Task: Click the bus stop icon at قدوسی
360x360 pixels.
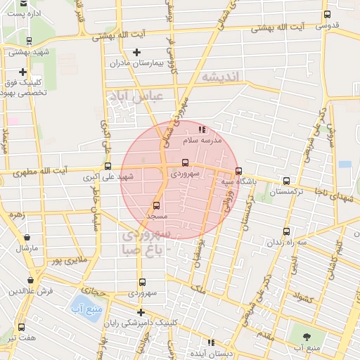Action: [327, 15]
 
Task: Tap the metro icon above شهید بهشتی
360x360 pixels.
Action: [29, 41]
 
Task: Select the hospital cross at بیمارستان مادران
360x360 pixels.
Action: [136, 52]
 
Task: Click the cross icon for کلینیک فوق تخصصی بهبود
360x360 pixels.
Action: [23, 72]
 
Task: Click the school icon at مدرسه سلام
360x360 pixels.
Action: [202, 129]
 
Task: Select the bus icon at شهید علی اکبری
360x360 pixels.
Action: [108, 167]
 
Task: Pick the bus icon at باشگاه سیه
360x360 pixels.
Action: [238, 171]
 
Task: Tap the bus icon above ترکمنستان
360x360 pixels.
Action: [285, 181]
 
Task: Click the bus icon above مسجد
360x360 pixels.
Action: [156, 206]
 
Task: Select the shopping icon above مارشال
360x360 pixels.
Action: [27, 238]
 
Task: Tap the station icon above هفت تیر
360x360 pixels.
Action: [21, 327]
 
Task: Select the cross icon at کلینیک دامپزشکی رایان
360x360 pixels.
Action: [141, 312]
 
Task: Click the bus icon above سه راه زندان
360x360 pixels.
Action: [285, 231]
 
